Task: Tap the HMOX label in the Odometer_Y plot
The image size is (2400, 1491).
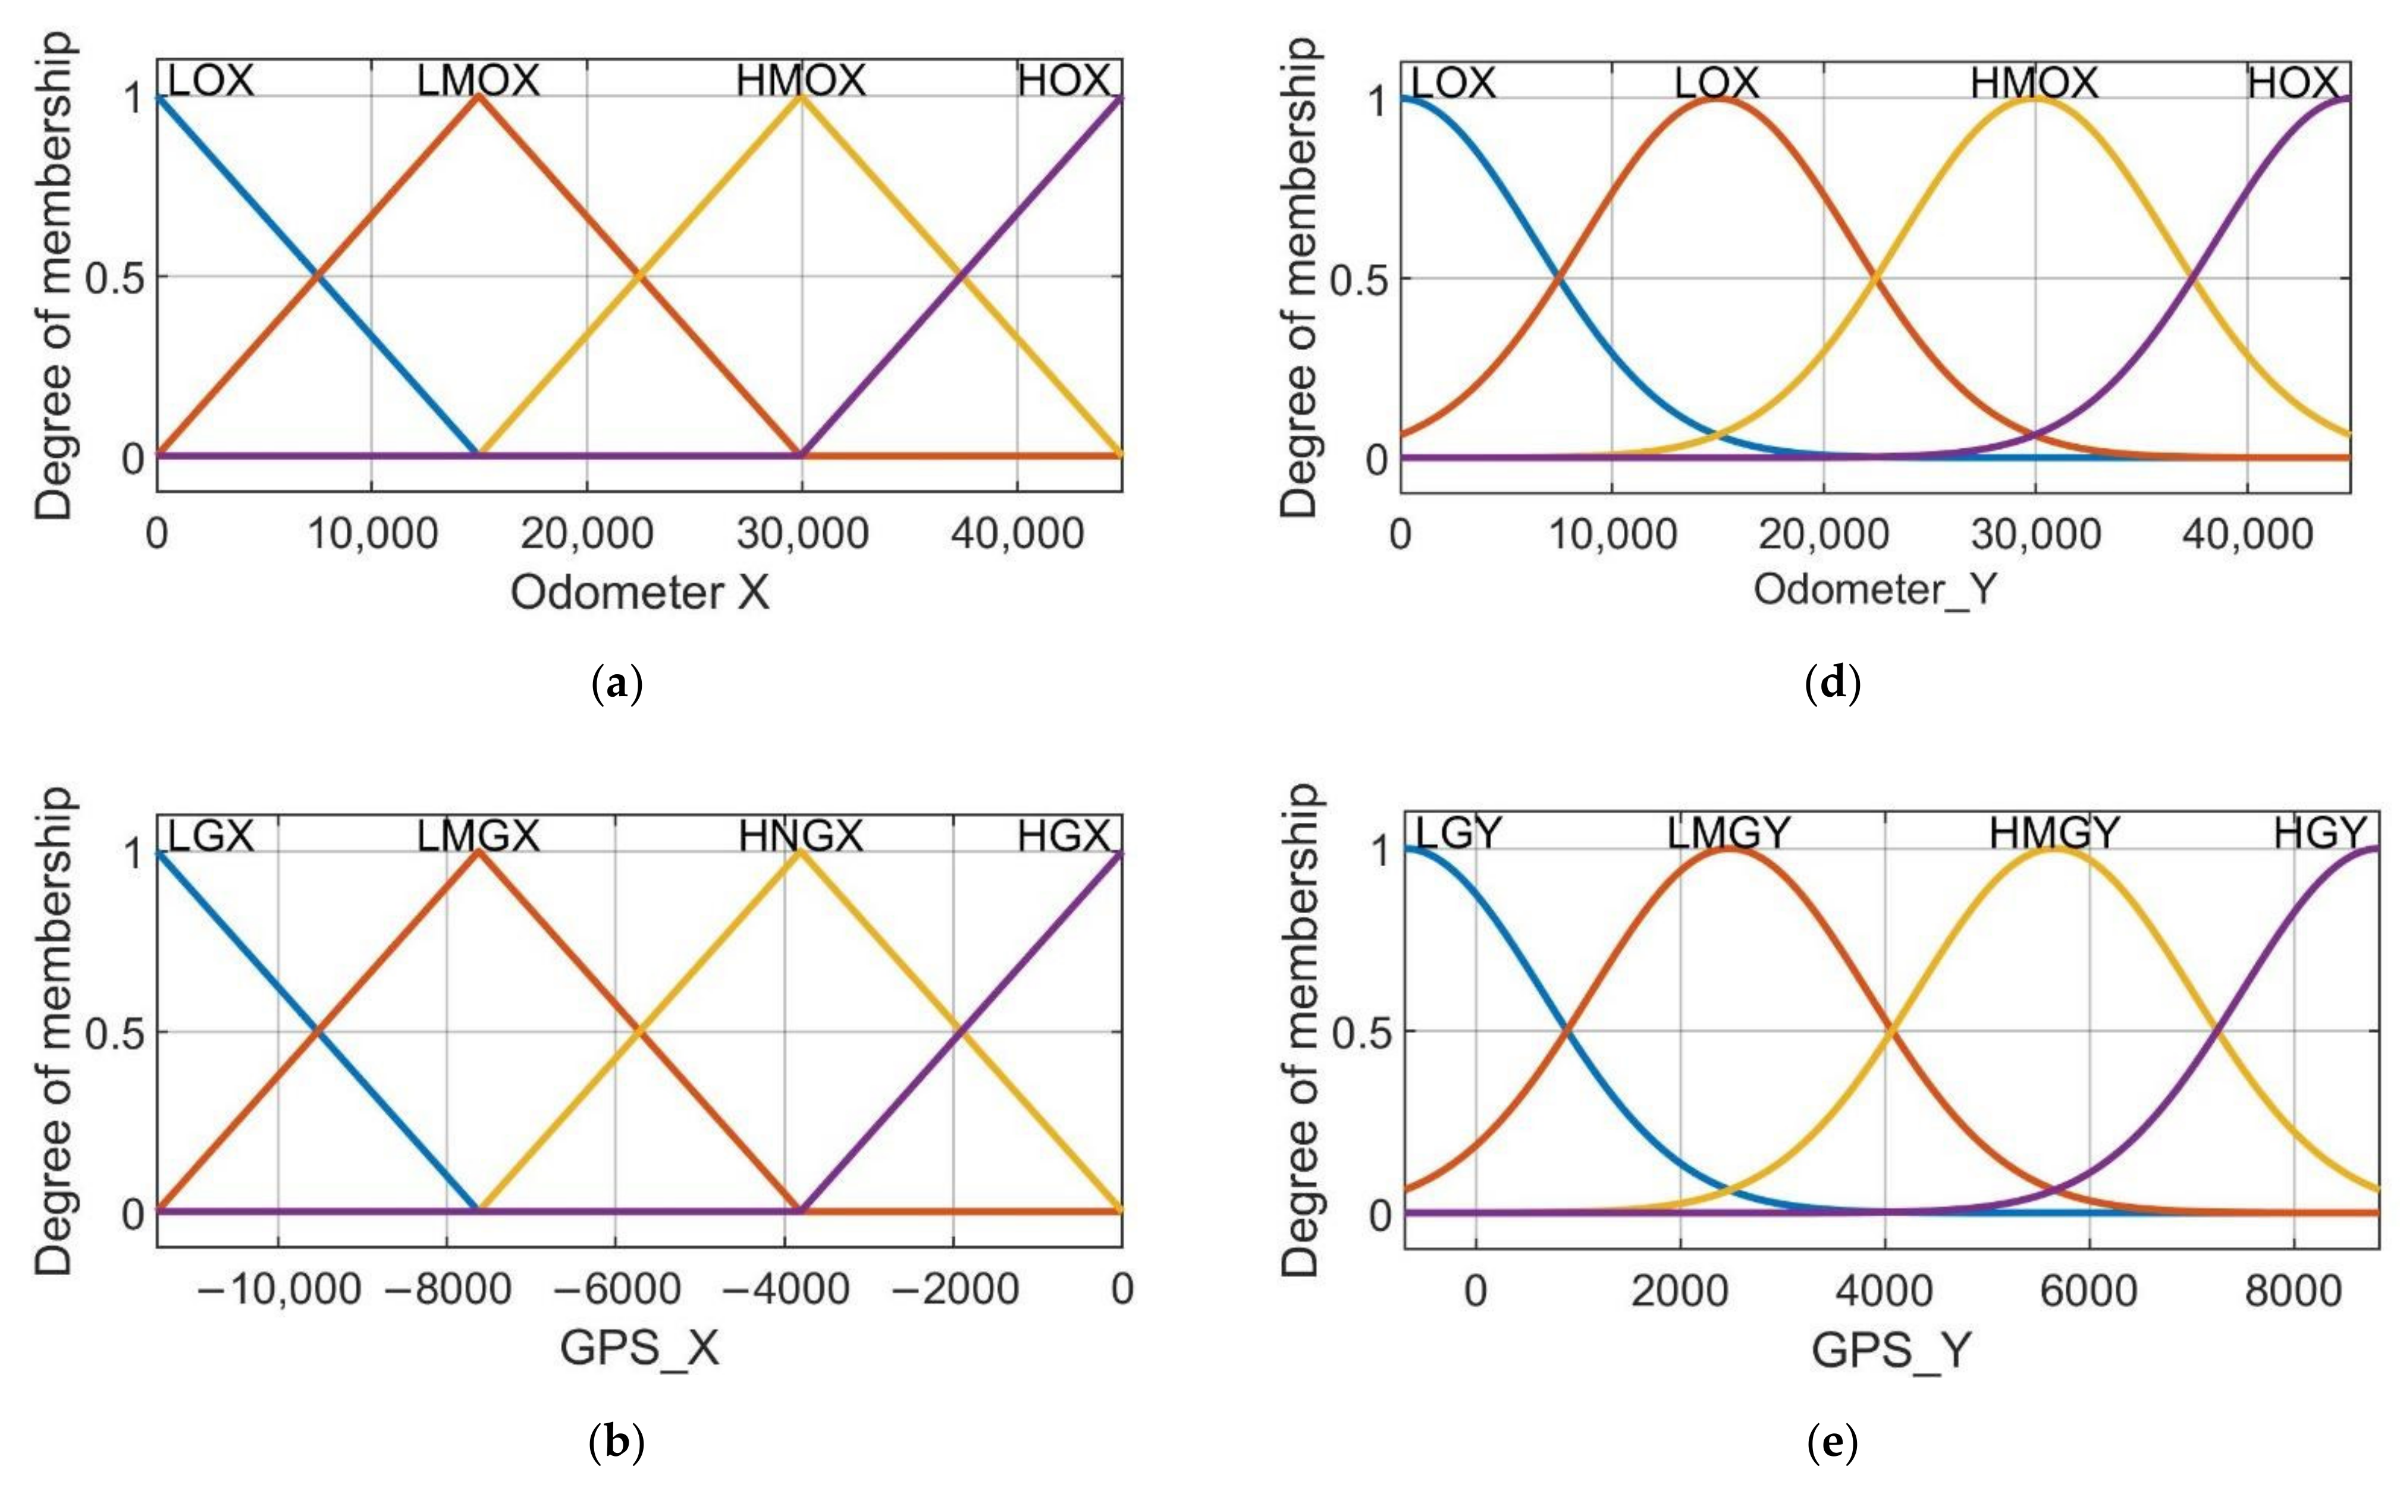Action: (2034, 83)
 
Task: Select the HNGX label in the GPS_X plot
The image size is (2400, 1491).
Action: (800, 836)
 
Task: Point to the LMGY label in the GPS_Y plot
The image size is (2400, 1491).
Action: (1728, 833)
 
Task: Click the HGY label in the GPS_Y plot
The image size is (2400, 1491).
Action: (2319, 833)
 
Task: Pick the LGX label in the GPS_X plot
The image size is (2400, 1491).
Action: (210, 836)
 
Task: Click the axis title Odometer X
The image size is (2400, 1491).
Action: (639, 593)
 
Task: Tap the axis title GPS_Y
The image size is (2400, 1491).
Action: (1890, 1349)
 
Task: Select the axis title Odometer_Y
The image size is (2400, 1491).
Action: (1874, 589)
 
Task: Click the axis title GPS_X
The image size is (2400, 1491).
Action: (639, 1347)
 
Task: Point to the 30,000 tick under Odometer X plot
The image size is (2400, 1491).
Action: (802, 533)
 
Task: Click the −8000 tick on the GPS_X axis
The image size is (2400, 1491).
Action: (449, 1289)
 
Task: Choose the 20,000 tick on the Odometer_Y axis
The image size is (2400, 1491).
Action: (1823, 533)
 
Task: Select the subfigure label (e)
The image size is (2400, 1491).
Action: (1832, 1443)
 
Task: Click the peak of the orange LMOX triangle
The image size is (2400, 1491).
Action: (478, 96)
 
